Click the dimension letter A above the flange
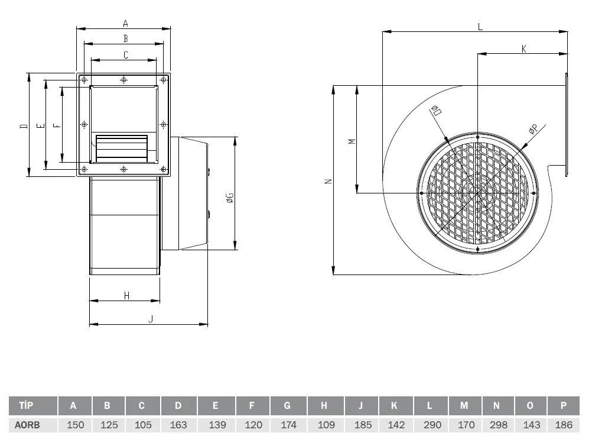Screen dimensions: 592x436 (125, 24)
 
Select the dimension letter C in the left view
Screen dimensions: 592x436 (126, 55)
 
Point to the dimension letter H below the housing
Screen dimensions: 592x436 (126, 295)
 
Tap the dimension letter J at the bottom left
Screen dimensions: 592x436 (151, 319)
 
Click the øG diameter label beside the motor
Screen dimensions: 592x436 (230, 198)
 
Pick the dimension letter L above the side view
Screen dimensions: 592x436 (480, 27)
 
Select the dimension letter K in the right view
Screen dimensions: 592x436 (523, 49)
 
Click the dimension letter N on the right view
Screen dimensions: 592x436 (328, 181)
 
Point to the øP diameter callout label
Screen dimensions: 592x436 (533, 129)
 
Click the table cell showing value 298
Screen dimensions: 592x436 (499, 425)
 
